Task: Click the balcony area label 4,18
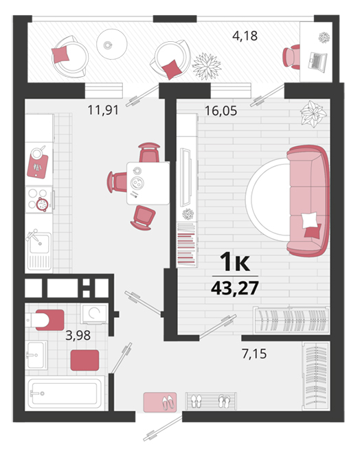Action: click(245, 36)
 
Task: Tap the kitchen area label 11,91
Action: click(103, 110)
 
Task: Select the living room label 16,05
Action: click(221, 111)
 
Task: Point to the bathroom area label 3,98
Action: click(78, 336)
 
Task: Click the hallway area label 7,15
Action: click(254, 353)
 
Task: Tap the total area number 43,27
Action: click(235, 288)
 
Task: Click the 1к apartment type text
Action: click(235, 262)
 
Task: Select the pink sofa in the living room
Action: click(308, 201)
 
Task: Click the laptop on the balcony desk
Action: click(317, 60)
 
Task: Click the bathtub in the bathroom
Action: click(65, 393)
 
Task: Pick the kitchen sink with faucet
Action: click(39, 250)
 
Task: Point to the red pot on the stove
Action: click(42, 205)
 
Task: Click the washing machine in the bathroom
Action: click(94, 314)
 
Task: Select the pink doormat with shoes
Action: click(160, 402)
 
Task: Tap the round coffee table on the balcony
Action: click(112, 44)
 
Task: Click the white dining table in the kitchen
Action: click(148, 183)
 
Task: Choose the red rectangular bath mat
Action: click(85, 360)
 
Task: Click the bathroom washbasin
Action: click(36, 355)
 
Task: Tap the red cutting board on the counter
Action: click(38, 166)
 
